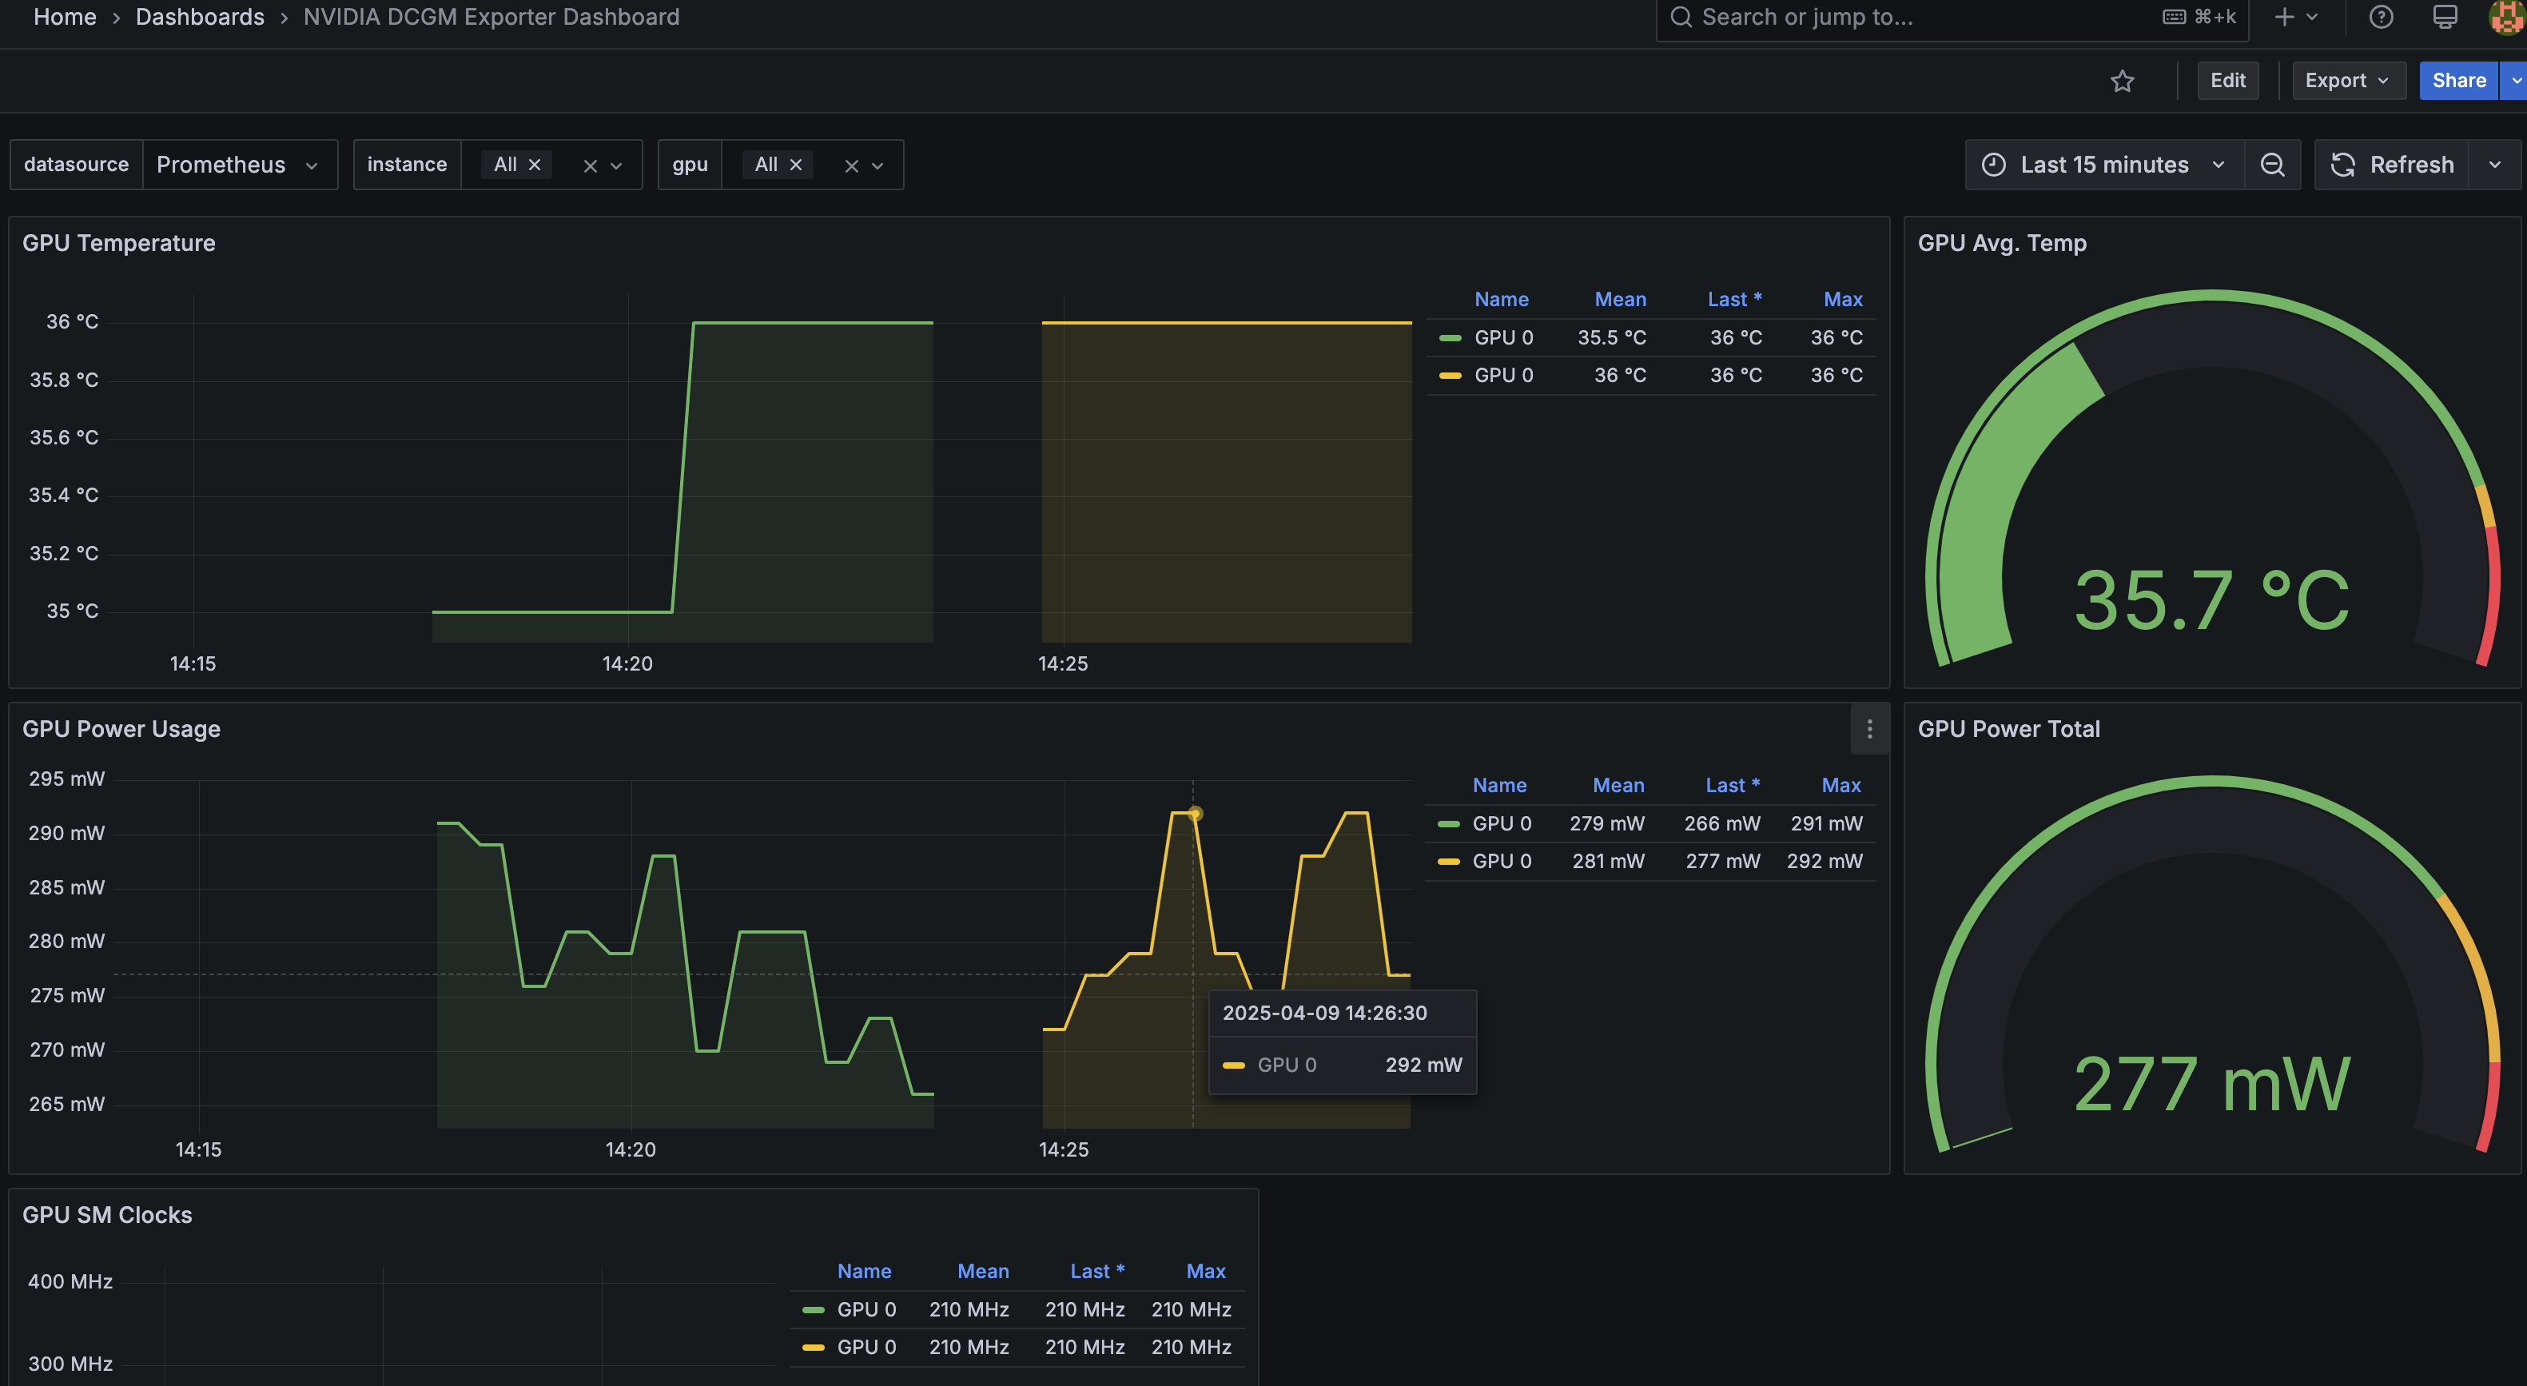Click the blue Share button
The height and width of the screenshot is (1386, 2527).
2457,81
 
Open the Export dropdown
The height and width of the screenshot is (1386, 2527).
2346,81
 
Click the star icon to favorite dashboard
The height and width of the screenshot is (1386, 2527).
2122,82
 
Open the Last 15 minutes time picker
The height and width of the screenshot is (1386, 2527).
2103,165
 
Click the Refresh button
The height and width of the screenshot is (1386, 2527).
2393,165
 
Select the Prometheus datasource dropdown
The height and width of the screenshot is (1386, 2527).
237,165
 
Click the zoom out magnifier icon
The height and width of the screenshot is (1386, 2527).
2272,165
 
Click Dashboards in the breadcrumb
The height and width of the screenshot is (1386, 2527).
199,17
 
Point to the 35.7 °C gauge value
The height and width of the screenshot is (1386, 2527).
2211,599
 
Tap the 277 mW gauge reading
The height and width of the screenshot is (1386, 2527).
2211,1085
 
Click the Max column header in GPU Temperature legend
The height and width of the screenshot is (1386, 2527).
1842,299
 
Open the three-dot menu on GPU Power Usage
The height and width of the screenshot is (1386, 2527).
1868,729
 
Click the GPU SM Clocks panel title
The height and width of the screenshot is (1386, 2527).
107,1215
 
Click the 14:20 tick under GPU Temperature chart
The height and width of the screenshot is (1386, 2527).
627,664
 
